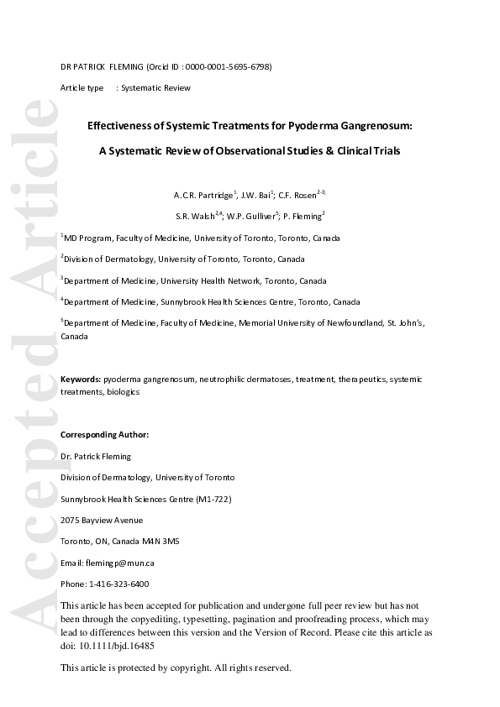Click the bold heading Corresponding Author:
104,435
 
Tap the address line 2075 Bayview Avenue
102,521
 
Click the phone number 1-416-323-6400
118,584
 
